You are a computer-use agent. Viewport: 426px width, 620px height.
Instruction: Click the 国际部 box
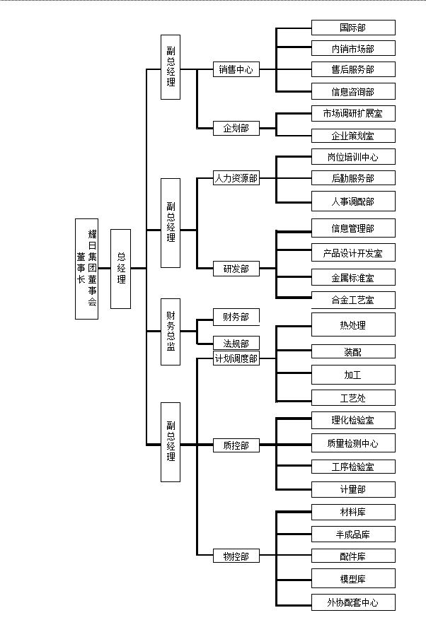pyautogui.click(x=353, y=28)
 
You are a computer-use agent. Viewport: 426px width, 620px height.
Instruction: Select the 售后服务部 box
pyautogui.click(x=353, y=69)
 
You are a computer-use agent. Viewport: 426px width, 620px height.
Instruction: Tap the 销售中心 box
pyautogui.click(x=236, y=70)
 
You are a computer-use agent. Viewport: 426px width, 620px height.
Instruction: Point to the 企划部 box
pyautogui.click(x=236, y=129)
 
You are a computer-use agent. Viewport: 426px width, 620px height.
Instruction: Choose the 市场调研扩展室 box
pyautogui.click(x=353, y=113)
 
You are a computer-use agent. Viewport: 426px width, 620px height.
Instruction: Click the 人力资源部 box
pyautogui.click(x=236, y=179)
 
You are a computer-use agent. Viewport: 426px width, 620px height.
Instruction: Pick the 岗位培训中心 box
pyautogui.click(x=353, y=157)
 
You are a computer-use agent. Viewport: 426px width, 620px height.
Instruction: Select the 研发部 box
pyautogui.click(x=236, y=269)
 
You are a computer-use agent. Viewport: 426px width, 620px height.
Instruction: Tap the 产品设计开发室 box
pyautogui.click(x=353, y=252)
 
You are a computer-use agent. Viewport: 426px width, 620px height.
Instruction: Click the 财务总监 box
pyautogui.click(x=170, y=332)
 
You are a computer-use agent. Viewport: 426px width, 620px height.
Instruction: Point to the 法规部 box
pyautogui.click(x=236, y=344)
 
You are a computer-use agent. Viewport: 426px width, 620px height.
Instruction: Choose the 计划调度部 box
pyautogui.click(x=236, y=359)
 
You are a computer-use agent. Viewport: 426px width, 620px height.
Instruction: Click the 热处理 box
pyautogui.click(x=353, y=325)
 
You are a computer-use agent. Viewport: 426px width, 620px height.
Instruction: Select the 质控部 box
pyautogui.click(x=236, y=445)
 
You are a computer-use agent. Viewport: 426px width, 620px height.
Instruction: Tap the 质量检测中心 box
pyautogui.click(x=353, y=443)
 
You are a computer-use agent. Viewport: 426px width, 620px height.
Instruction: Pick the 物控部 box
pyautogui.click(x=236, y=556)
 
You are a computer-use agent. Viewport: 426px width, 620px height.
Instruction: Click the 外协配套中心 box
pyautogui.click(x=353, y=602)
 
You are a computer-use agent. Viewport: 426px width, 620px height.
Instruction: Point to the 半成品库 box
pyautogui.click(x=353, y=534)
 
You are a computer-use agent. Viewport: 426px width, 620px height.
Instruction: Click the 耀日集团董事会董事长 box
pyautogui.click(x=86, y=269)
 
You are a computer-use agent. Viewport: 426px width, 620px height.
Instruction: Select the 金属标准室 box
pyautogui.click(x=353, y=277)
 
